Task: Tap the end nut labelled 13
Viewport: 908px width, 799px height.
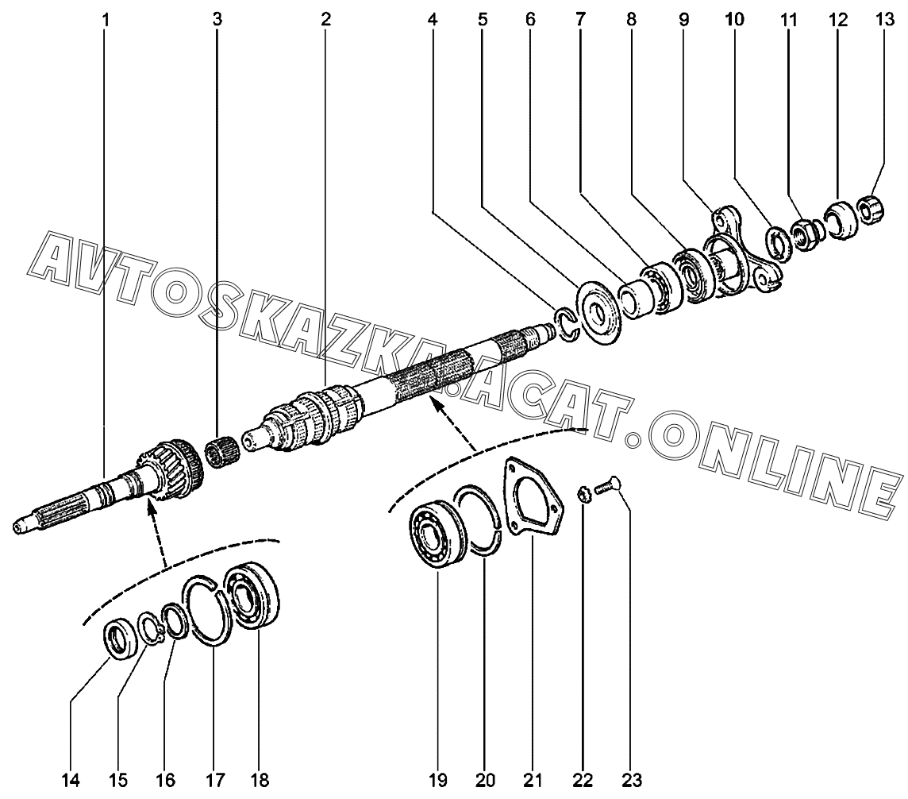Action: (871, 210)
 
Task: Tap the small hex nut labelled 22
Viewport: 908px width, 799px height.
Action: (582, 496)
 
